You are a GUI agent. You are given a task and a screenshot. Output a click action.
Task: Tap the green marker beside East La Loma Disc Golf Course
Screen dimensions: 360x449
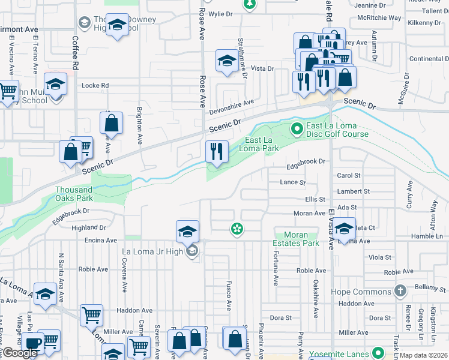(296, 128)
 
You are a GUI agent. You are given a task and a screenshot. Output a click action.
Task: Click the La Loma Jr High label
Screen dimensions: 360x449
(152, 251)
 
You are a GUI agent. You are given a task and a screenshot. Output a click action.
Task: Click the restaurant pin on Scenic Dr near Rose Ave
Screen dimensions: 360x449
(217, 151)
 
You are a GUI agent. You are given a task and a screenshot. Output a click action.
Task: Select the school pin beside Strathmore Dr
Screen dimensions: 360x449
(226, 61)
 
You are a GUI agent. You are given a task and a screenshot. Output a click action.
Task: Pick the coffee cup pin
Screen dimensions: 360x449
(33, 343)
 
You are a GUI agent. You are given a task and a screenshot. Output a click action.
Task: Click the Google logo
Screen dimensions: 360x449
(19, 353)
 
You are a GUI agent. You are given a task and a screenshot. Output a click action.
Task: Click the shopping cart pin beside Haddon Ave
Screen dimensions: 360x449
(91, 314)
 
